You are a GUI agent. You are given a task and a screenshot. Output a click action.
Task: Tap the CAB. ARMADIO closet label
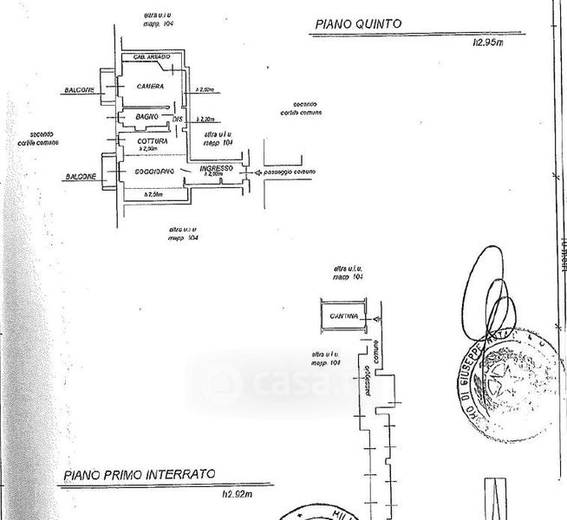pos(151,57)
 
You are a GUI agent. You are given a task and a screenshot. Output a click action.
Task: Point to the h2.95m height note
pos(487,42)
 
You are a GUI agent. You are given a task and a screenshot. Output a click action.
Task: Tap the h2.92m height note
pos(236,493)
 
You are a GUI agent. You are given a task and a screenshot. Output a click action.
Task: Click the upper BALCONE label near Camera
pos(79,90)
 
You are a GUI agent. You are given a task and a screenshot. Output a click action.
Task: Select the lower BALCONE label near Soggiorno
pos(79,178)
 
